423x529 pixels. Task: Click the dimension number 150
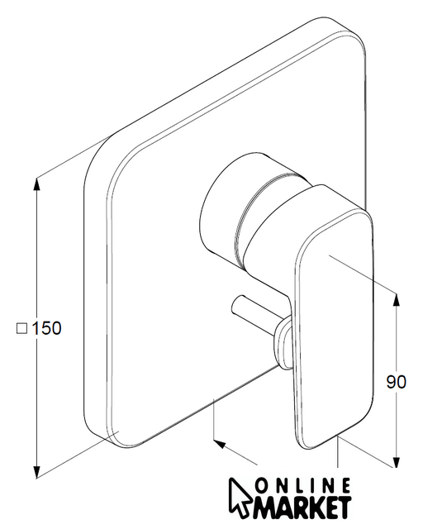(x=46, y=328)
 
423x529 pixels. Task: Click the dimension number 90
(x=397, y=382)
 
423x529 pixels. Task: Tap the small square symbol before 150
(x=22, y=328)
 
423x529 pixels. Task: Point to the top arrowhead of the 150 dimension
(x=37, y=184)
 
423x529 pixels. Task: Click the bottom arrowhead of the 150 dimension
(x=37, y=470)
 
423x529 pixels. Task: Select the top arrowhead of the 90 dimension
(x=397, y=302)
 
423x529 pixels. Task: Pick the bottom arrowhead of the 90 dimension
(x=397, y=460)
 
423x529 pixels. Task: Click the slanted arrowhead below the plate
(x=219, y=444)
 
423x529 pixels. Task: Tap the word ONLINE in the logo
(x=302, y=487)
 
